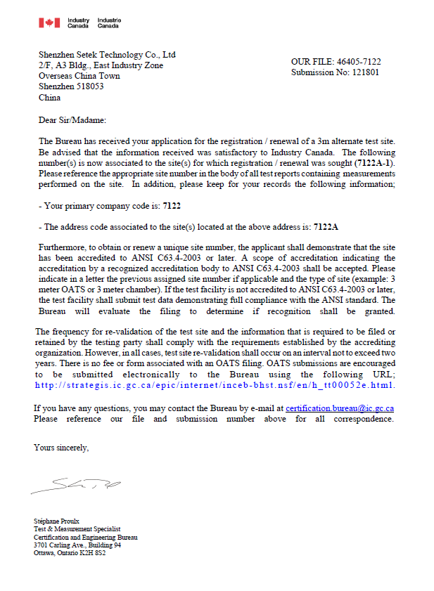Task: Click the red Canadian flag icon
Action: [49, 23]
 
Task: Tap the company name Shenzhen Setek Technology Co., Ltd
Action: [107, 55]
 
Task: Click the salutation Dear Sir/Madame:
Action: [72, 120]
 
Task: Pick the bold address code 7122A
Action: [326, 227]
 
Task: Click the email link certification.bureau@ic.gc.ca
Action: [340, 408]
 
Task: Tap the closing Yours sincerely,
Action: [62, 447]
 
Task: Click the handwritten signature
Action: [77, 484]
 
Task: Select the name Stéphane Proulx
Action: [56, 521]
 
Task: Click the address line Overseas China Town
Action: [79, 76]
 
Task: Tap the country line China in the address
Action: [49, 98]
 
